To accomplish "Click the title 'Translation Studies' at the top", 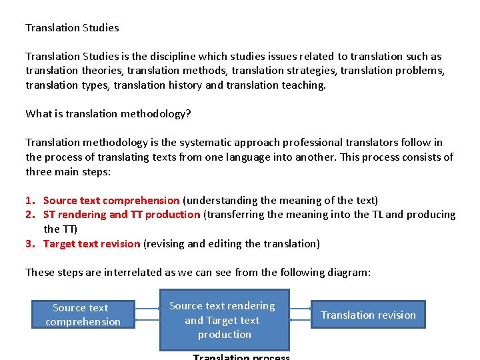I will (72, 28).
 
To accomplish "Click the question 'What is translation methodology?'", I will (108, 113).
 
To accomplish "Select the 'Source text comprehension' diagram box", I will (83, 315).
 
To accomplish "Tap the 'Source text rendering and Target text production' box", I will (224, 319).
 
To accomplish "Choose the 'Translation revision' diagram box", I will (368, 315).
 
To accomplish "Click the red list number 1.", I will (29, 200).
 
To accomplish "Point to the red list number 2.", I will (29, 215).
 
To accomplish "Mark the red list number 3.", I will (29, 243).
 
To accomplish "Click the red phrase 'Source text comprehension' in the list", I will (111, 200).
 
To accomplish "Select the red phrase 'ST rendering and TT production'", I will (121, 215).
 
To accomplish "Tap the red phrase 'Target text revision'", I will (92, 243).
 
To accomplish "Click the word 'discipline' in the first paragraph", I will (173, 57).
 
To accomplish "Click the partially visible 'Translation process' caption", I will (241, 357).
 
